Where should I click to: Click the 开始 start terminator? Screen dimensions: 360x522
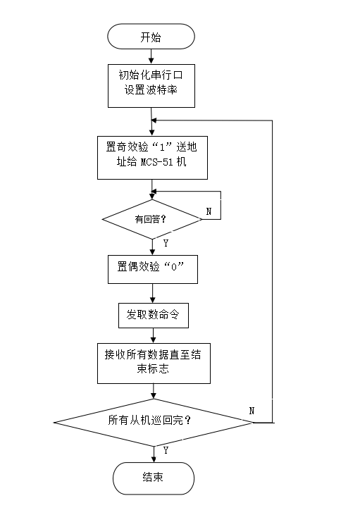tap(151, 37)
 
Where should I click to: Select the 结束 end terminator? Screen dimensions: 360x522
tap(154, 478)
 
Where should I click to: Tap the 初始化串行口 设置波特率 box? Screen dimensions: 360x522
tap(151, 86)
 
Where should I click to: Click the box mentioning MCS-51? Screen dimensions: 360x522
tap(153, 158)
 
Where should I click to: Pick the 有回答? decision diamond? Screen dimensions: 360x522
tap(152, 219)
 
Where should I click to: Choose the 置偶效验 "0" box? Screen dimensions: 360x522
tap(153, 269)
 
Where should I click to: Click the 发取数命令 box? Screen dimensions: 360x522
tap(154, 316)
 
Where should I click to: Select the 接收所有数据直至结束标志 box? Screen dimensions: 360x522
tap(154, 363)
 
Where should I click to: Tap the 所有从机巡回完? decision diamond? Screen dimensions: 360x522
tap(154, 423)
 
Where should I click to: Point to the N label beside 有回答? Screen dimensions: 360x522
tap(209, 211)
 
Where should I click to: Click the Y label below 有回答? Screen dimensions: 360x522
tap(166, 243)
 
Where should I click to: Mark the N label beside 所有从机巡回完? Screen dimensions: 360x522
tap(252, 411)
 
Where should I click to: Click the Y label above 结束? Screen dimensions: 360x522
tap(166, 450)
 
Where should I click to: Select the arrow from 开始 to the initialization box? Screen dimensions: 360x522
tap(151, 56)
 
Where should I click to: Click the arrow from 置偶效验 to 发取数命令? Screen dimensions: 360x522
tap(153, 293)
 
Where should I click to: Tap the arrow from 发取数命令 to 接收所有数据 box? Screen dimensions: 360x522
tap(153, 335)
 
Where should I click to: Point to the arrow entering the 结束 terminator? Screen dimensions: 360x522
tap(154, 454)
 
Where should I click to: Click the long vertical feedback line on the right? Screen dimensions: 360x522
tap(273, 271)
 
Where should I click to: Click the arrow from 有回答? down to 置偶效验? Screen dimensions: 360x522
tap(153, 247)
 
